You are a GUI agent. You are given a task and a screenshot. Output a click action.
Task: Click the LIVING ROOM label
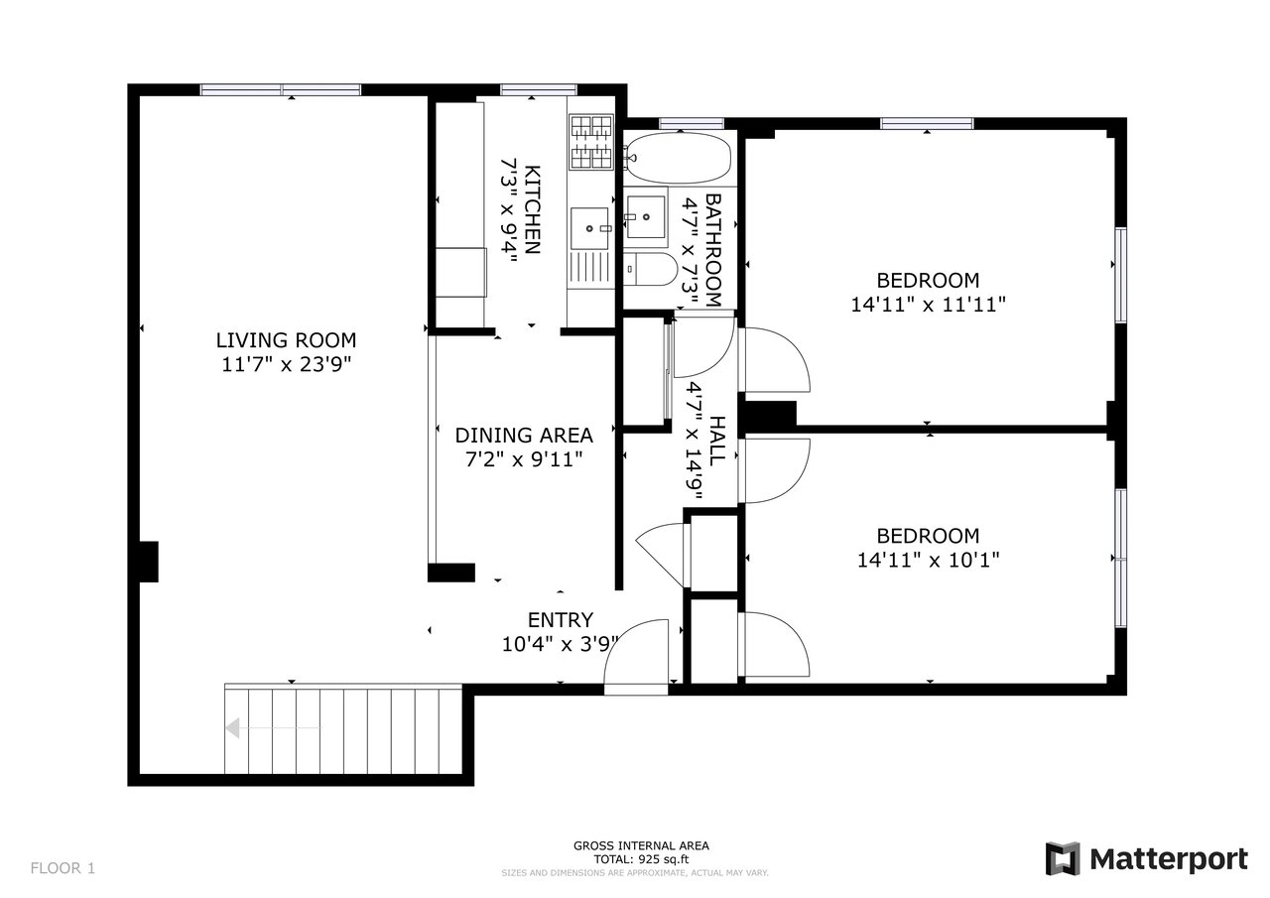286,339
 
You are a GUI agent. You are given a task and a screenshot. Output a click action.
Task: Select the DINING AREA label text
524,435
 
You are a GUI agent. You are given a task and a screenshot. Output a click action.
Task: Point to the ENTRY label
560,620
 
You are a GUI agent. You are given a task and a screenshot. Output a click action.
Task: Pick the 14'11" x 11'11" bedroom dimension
928,305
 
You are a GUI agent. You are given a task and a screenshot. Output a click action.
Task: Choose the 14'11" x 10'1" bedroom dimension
928,560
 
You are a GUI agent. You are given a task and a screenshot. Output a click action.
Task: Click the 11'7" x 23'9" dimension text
286,364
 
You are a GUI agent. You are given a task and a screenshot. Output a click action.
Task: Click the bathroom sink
646,212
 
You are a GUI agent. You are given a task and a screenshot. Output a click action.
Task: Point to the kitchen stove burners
591,140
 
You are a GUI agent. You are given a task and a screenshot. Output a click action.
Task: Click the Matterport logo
1148,857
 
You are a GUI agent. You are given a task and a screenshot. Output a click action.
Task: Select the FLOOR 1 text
63,868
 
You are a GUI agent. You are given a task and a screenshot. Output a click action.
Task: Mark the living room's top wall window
280,89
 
